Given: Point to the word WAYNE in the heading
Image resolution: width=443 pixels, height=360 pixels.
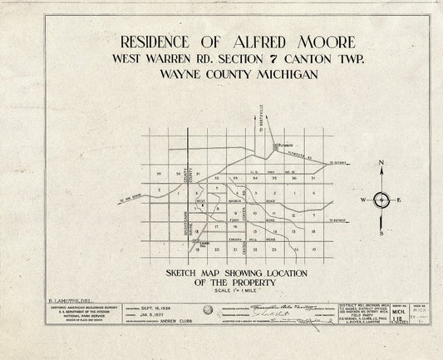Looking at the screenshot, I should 176,77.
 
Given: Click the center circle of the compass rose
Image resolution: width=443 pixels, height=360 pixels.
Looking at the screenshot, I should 381,200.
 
